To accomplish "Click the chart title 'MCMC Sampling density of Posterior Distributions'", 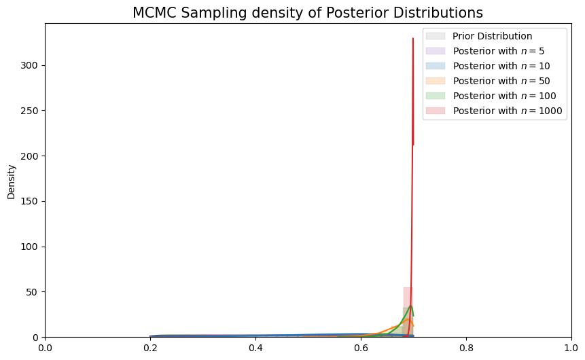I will pos(308,13).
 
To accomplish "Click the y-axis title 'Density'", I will pos(11,181).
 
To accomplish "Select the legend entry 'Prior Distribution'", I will pos(492,36).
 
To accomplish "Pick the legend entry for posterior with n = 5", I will pos(498,51).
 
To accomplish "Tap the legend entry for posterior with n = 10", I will pos(501,66).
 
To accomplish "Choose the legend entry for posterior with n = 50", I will pos(501,81).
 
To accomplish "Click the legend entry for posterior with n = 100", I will pos(503,96).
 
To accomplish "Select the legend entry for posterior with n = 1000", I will pos(506,111).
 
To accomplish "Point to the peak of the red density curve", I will pos(412,39).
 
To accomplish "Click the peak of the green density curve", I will pos(410,306).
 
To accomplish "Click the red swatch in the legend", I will pos(436,111).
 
